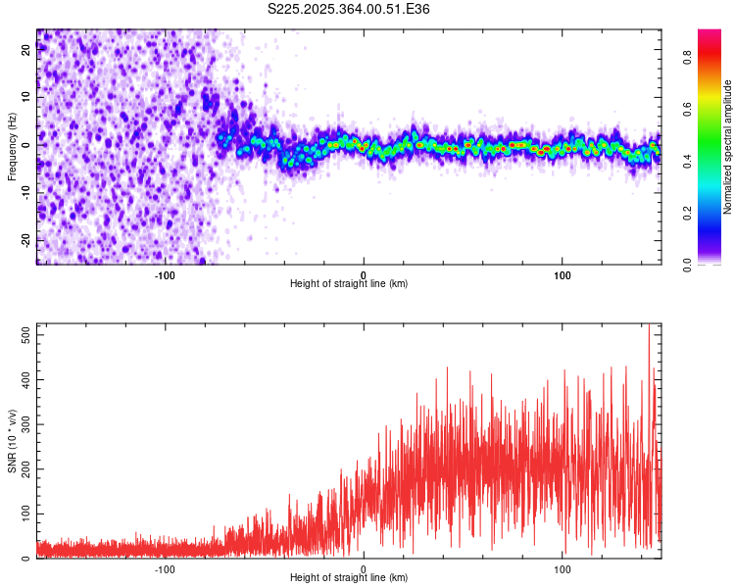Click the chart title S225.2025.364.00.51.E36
tap(349, 9)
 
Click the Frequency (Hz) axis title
tap(13, 146)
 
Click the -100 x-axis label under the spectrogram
tap(165, 275)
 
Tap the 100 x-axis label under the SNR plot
tap(563, 569)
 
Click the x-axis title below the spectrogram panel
tap(349, 284)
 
